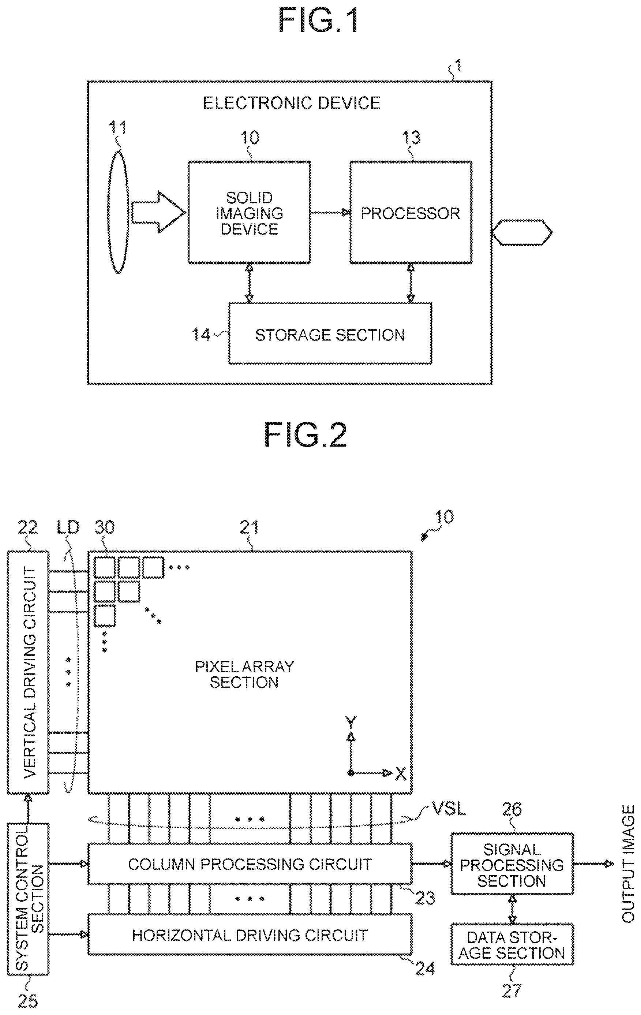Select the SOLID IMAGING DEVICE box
point(249,213)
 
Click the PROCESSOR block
point(411,213)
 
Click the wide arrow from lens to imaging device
point(158,212)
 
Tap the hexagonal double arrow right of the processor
point(522,232)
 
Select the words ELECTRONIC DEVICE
point(292,103)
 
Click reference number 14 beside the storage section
point(201,335)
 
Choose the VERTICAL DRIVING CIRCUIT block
point(28,672)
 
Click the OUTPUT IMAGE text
point(628,864)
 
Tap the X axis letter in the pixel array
point(401,774)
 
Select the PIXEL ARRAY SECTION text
point(245,674)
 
